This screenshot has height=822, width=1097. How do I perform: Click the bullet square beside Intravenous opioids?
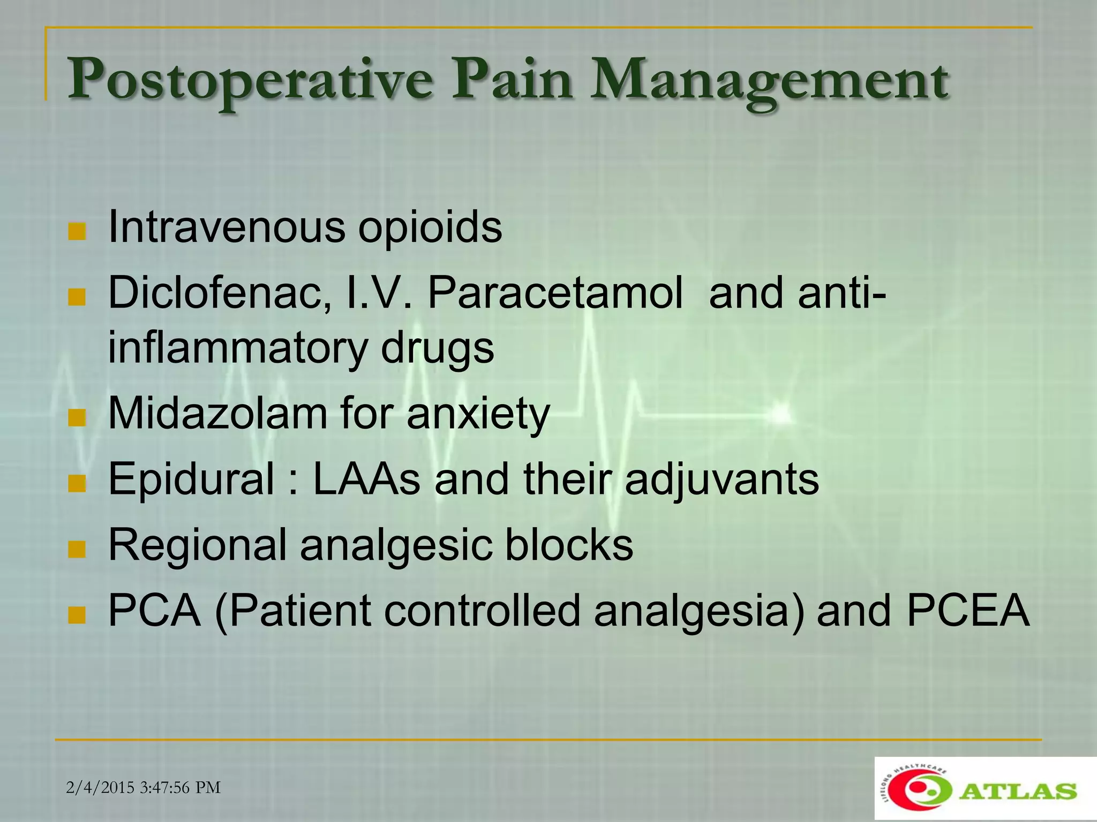coord(77,232)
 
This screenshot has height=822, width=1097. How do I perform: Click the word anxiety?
coord(478,415)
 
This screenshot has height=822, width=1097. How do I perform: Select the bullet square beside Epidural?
coord(77,483)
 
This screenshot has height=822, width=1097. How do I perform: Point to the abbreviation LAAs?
coord(366,479)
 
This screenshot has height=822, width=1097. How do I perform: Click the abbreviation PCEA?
coord(968,611)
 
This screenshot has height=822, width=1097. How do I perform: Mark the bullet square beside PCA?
coord(77,615)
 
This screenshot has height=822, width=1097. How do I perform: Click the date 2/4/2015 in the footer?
coord(100,788)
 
